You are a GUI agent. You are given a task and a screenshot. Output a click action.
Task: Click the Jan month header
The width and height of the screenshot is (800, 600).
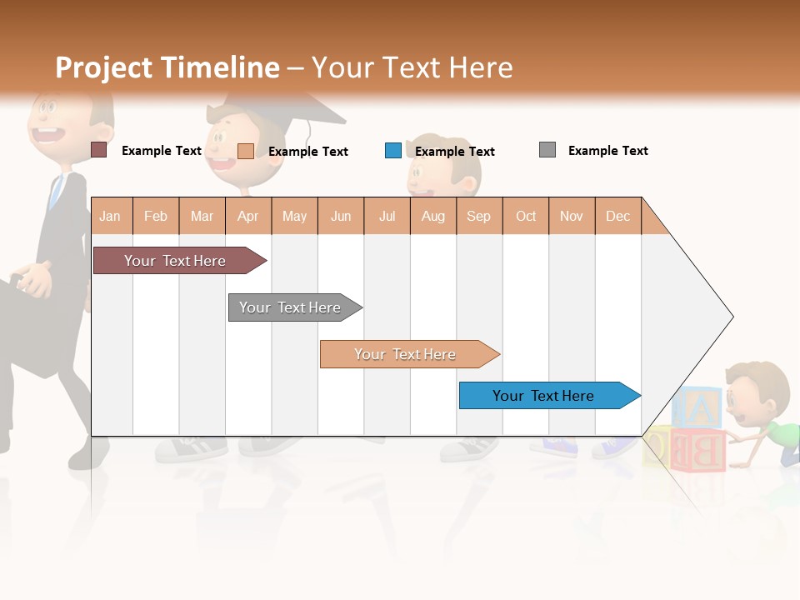[110, 216]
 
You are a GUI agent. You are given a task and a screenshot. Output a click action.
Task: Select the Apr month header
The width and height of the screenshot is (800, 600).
[247, 216]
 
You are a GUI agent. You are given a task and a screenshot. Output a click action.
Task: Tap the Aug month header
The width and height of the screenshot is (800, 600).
[432, 216]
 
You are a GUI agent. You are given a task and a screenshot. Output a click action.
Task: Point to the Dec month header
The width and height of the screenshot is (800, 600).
[617, 216]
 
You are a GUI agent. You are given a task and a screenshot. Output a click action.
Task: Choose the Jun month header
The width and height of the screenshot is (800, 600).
[341, 216]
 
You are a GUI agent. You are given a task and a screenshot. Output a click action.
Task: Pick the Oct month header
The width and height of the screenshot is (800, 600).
[526, 216]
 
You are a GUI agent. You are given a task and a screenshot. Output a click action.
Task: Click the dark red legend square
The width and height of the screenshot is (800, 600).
[98, 150]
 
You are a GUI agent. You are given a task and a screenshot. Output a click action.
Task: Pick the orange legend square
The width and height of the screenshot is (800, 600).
[246, 151]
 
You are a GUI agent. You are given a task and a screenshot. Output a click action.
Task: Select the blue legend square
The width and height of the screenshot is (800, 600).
[393, 151]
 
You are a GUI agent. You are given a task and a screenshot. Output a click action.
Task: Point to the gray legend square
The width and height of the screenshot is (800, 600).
[547, 150]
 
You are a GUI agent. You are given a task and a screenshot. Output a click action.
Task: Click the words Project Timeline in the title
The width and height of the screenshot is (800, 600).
[167, 67]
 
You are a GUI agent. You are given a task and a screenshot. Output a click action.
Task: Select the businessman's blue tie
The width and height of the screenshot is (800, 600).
[56, 192]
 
